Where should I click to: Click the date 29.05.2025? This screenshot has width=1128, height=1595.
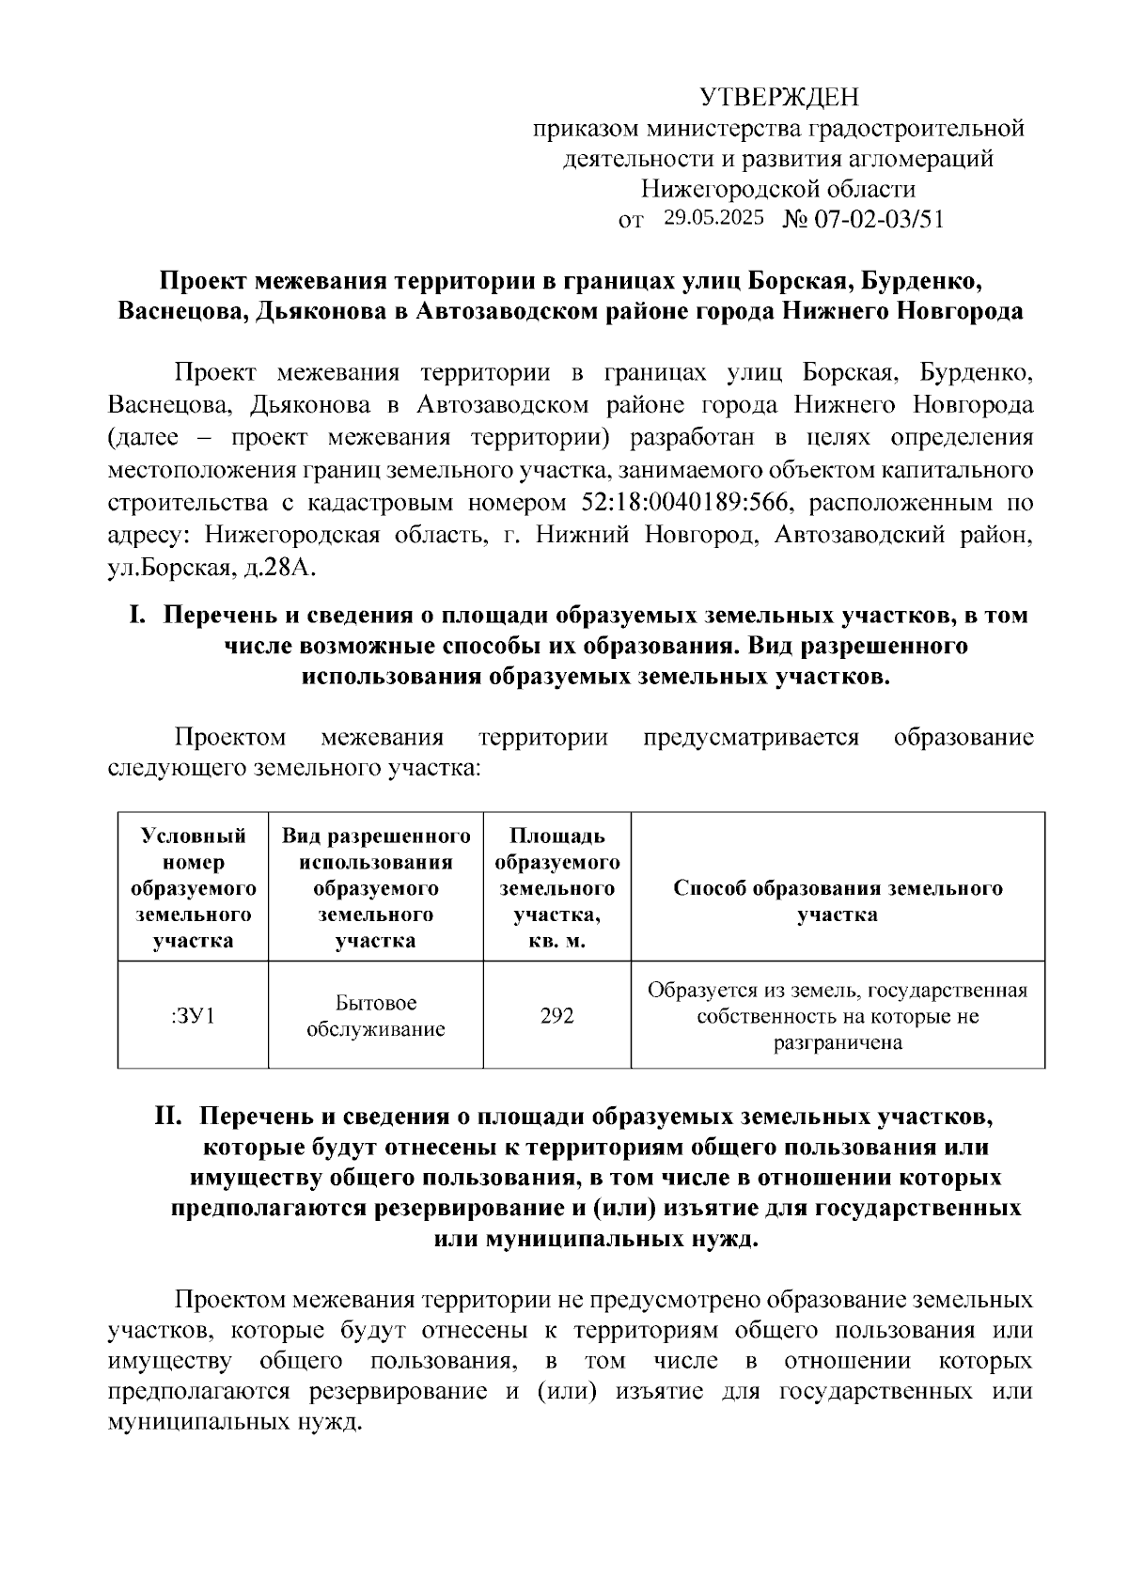pyautogui.click(x=713, y=218)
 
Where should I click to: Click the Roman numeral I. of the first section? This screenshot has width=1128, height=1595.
pyautogui.click(x=137, y=616)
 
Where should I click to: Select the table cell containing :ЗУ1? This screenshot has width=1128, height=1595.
pyautogui.click(x=193, y=1016)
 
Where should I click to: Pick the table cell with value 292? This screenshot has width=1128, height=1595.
pyautogui.click(x=556, y=1016)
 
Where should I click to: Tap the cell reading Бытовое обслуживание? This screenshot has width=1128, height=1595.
pyautogui.click(x=376, y=1016)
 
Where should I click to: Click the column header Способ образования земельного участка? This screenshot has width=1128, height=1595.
pyautogui.click(x=838, y=901)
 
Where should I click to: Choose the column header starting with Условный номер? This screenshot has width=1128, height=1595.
pyautogui.click(x=193, y=888)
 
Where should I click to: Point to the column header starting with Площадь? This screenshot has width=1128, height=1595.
pyautogui.click(x=556, y=888)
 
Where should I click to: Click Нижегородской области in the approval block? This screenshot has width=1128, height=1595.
pyautogui.click(x=778, y=189)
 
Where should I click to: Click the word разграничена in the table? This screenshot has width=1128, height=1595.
pyautogui.click(x=838, y=1042)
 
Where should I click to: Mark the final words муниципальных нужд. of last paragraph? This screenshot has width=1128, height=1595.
pyautogui.click(x=235, y=1422)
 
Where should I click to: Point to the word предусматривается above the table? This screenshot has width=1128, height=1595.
pyautogui.click(x=752, y=737)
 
